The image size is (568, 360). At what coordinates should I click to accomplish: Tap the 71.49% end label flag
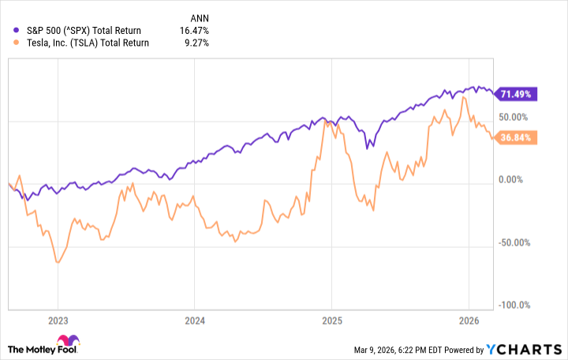pyautogui.click(x=518, y=94)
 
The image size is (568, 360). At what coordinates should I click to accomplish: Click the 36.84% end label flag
pyautogui.click(x=518, y=137)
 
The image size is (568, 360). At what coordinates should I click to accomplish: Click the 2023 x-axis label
pyautogui.click(x=58, y=321)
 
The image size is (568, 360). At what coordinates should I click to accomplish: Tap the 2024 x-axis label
pyautogui.click(x=195, y=321)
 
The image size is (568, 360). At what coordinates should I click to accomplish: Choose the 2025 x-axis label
pyautogui.click(x=331, y=321)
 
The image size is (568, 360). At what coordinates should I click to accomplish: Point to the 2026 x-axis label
pyautogui.click(x=469, y=321)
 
